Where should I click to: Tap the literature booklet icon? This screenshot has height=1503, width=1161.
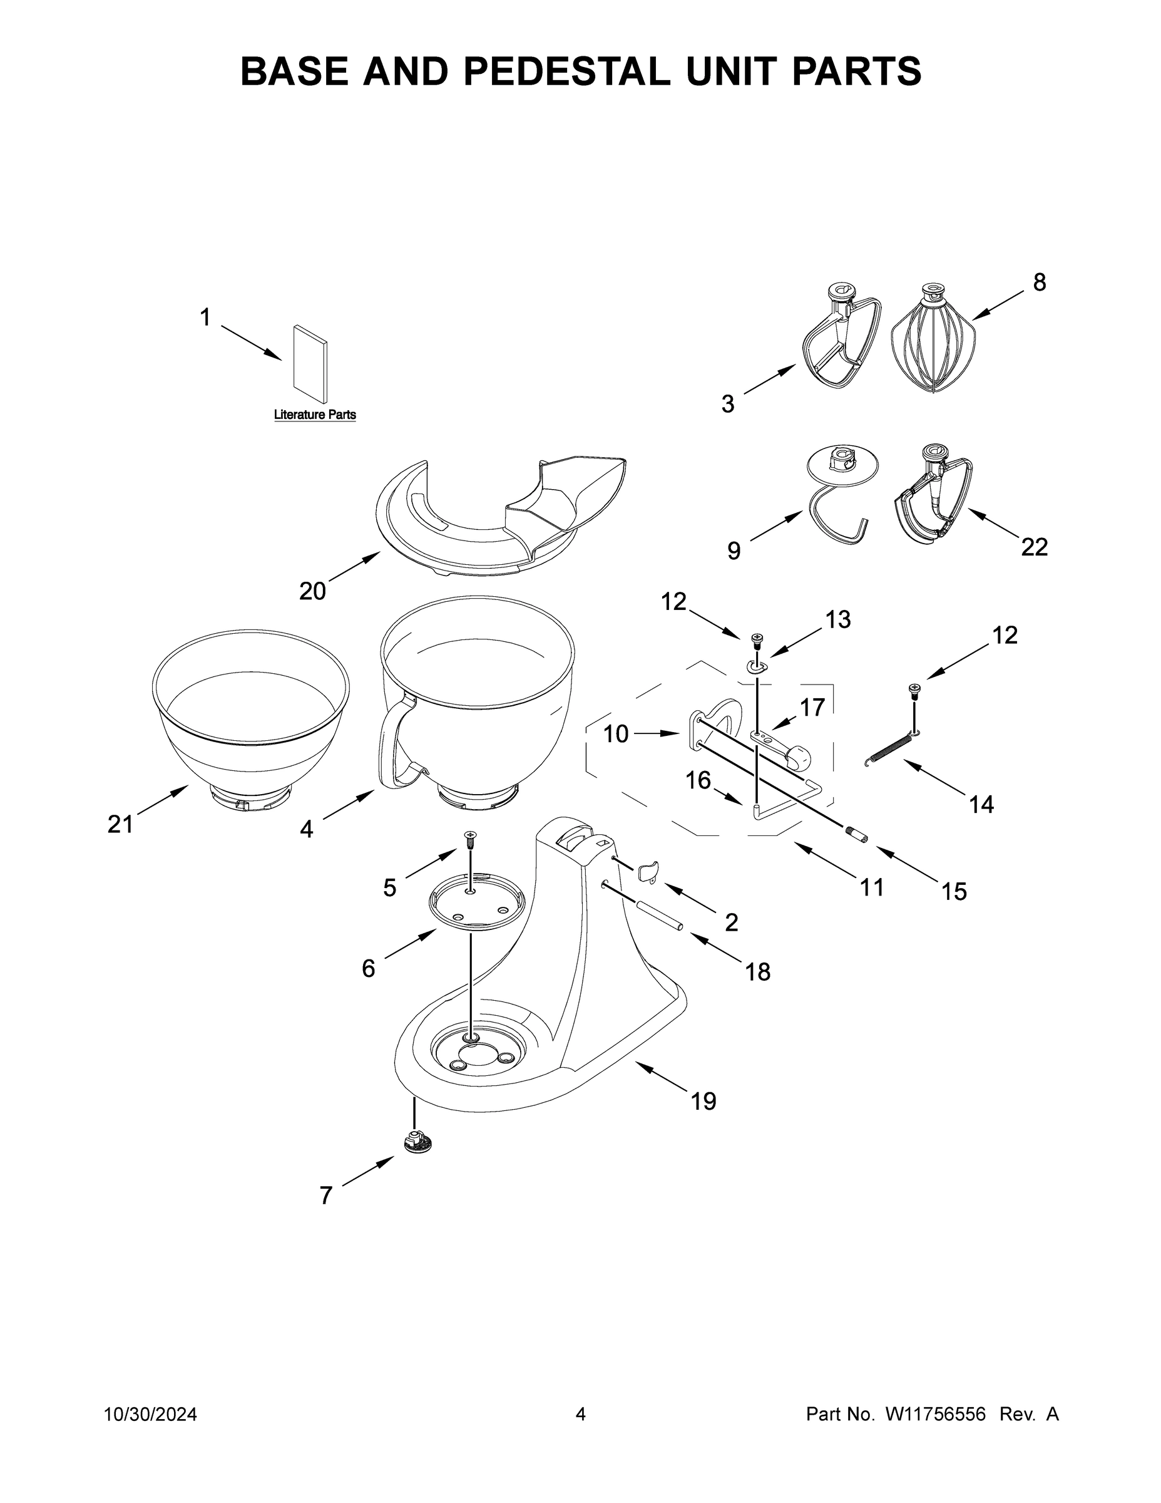point(310,363)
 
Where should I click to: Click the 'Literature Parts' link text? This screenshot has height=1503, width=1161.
point(315,415)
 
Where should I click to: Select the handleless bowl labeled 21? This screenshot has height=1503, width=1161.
point(250,723)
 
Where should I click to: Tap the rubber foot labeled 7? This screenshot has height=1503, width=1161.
point(419,1142)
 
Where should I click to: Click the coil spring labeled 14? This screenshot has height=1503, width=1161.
point(891,750)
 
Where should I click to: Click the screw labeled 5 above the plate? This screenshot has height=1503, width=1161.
point(470,837)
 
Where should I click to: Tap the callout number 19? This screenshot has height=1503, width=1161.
point(703,1101)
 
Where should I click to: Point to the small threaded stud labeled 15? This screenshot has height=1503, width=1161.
point(856,835)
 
